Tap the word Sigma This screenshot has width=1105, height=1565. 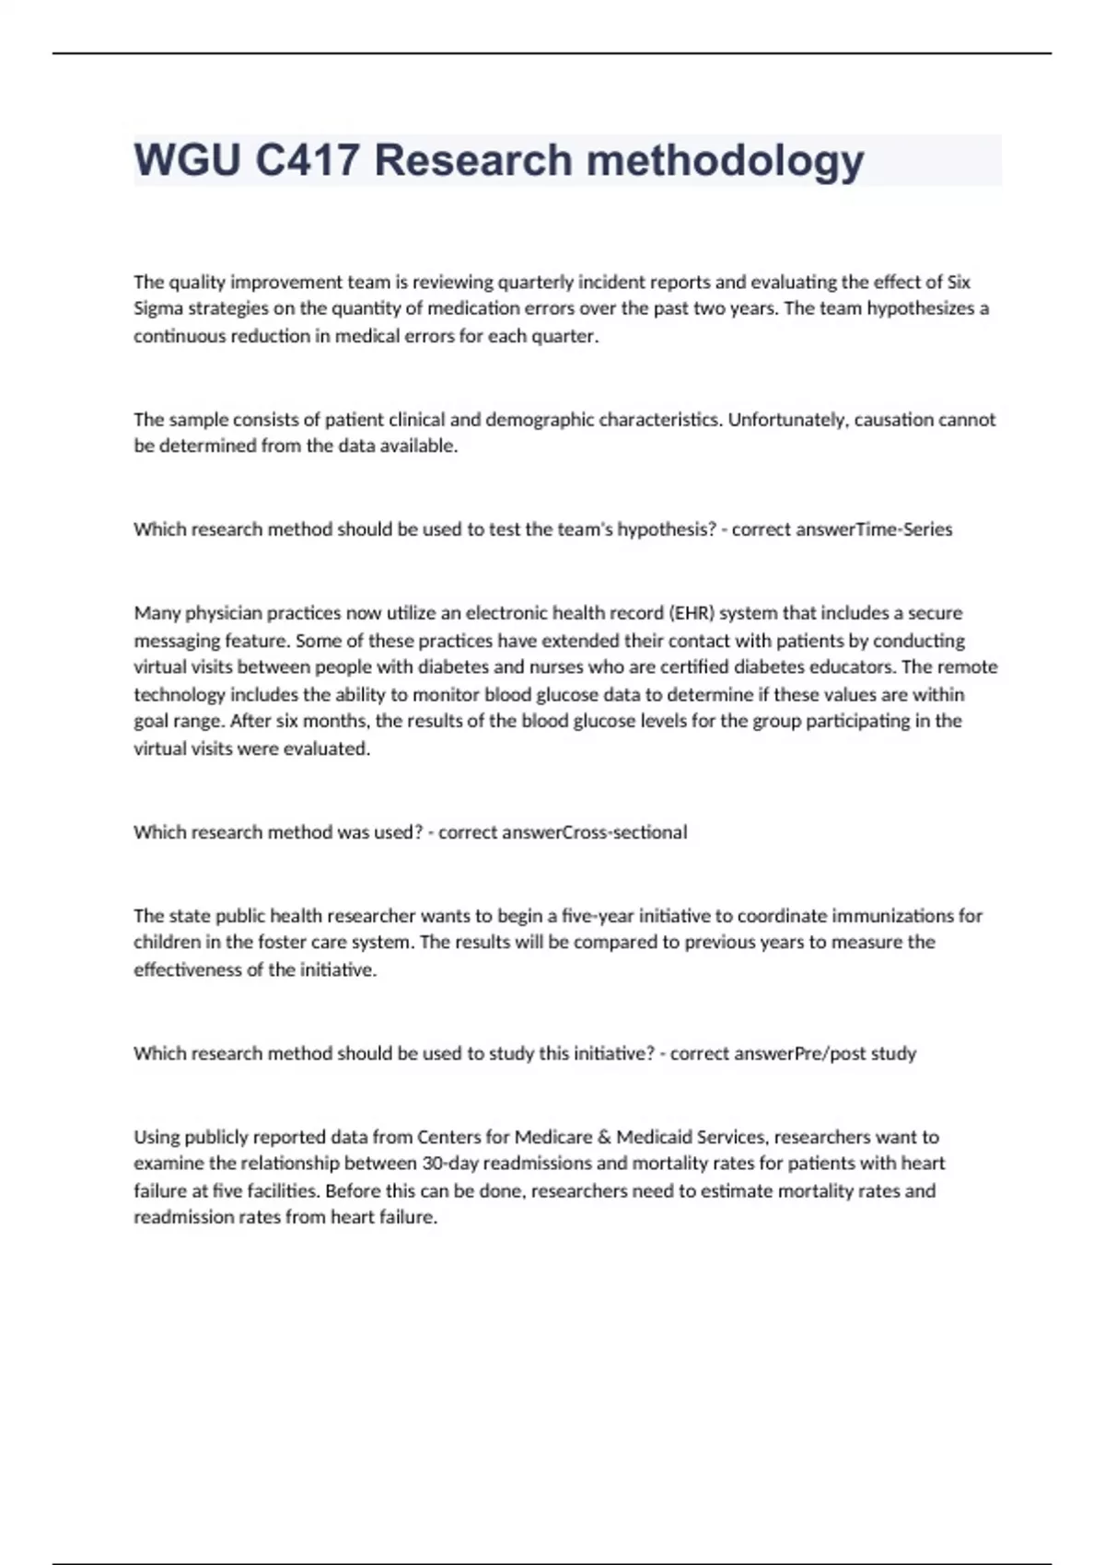pos(158,308)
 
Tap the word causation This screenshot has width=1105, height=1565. pos(893,420)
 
